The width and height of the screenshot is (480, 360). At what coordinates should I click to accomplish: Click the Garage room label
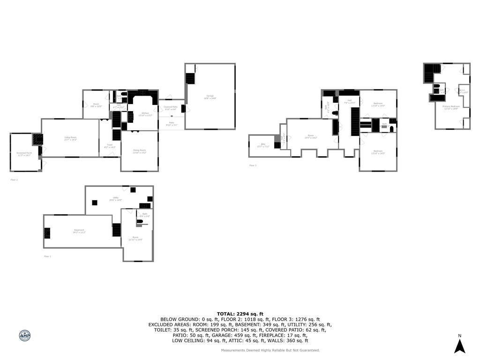pos(210,96)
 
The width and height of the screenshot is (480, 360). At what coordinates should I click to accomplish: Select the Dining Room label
pos(140,150)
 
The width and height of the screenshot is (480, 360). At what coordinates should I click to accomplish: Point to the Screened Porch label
pos(24,153)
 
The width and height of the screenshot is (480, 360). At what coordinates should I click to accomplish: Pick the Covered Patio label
pos(171,107)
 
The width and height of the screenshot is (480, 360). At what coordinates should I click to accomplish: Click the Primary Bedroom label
pos(451,106)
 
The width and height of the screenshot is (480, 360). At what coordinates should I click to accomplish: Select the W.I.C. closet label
pos(463,91)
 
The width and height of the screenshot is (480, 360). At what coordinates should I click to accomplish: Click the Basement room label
pos(79,230)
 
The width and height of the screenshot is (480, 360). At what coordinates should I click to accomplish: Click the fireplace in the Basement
pos(47,232)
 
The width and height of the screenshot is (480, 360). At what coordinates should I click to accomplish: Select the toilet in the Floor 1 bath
pos(139,221)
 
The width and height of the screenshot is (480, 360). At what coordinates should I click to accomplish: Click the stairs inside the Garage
pos(190,78)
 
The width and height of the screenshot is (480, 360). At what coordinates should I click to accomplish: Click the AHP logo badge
pos(25,336)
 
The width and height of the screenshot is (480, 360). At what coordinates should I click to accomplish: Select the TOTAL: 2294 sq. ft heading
pos(240,314)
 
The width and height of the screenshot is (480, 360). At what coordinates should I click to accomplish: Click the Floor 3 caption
pos(253,165)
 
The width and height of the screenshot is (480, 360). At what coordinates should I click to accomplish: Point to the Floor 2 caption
pos(14,180)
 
